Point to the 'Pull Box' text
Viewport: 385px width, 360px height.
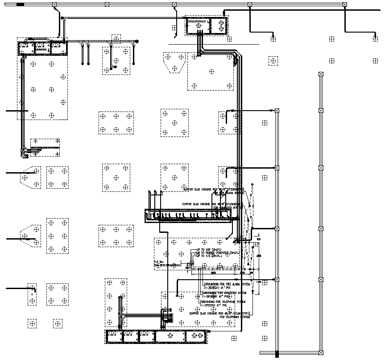tap(159, 262)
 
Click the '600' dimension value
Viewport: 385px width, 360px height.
tap(258, 240)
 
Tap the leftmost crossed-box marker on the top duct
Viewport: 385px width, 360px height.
tap(54, 4)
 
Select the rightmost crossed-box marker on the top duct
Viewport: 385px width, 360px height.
tap(344, 4)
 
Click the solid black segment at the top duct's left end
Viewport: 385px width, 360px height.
tap(21, 4)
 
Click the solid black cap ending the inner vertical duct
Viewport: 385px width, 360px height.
tap(277, 355)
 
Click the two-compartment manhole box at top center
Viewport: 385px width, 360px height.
tap(207, 26)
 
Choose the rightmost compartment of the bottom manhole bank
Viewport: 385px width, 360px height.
tap(195, 337)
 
